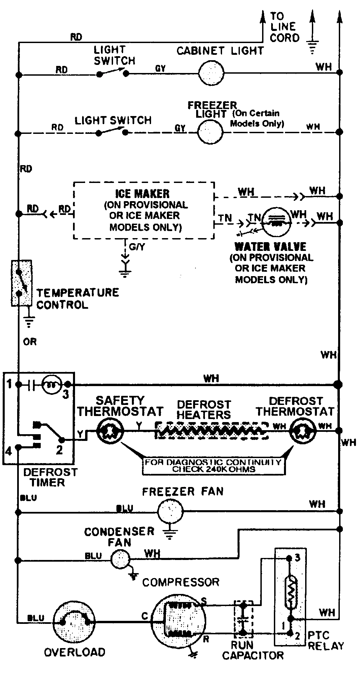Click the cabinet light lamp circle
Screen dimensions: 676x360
tap(211, 73)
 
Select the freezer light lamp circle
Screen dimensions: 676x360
tap(210, 132)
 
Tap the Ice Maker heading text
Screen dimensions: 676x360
tap(142, 194)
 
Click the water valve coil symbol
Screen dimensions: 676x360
tap(276, 222)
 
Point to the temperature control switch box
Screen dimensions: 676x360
tap(22, 283)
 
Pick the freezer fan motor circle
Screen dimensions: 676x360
tap(170, 512)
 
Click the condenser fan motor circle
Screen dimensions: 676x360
tap(120, 559)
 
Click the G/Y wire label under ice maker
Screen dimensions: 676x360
tap(137, 247)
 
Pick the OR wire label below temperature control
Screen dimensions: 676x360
tap(30, 342)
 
